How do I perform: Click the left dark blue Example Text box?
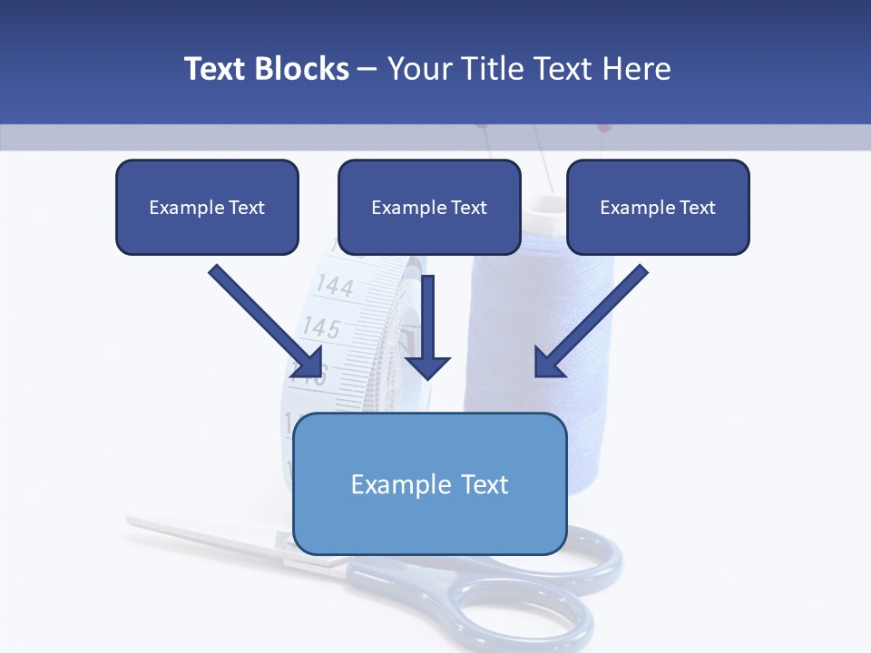207,207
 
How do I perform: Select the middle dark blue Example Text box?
429,207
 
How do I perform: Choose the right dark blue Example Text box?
658,207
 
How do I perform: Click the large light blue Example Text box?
429,483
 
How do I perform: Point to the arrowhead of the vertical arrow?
427,366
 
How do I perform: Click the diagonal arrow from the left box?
263,317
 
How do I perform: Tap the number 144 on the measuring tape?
335,287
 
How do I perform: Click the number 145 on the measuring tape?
321,326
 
